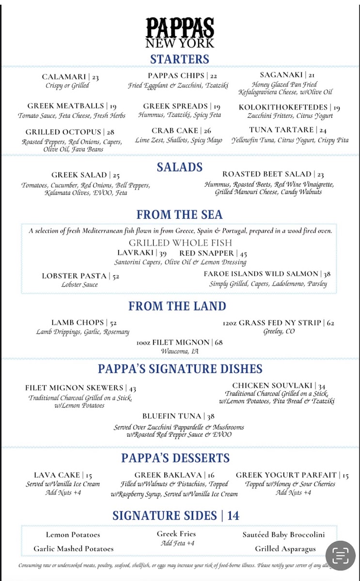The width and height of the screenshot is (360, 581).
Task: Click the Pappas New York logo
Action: pyautogui.click(x=180, y=32)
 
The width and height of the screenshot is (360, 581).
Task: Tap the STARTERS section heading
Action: pyautogui.click(x=180, y=60)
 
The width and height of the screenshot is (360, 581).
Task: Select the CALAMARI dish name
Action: pyautogui.click(x=63, y=77)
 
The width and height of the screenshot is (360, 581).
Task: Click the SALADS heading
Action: pyautogui.click(x=180, y=168)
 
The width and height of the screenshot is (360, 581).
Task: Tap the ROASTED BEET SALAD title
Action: pyautogui.click(x=266, y=174)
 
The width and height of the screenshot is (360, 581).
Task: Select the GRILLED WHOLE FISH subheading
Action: pyautogui.click(x=180, y=243)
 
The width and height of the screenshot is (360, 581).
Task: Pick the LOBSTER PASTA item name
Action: pyautogui.click(x=74, y=276)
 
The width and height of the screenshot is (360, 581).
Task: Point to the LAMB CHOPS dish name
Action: pyautogui.click(x=78, y=322)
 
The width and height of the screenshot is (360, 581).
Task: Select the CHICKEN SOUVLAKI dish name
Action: pyautogui.click(x=272, y=386)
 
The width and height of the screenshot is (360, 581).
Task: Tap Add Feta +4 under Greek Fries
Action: pyautogui.click(x=177, y=543)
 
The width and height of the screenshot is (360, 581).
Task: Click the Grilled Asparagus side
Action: pyautogui.click(x=285, y=549)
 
